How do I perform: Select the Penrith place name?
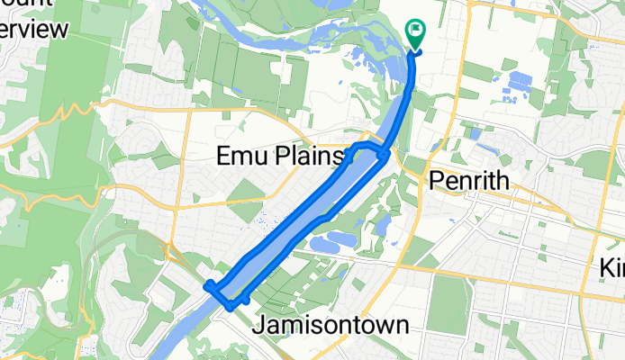click(468, 180)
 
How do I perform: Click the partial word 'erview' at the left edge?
click(34, 30)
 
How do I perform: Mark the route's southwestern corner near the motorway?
click(209, 286)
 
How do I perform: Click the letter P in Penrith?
click(435, 180)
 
